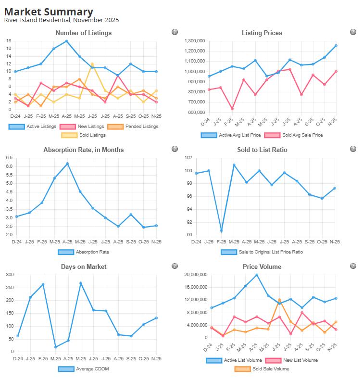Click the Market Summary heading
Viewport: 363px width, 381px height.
(49, 12)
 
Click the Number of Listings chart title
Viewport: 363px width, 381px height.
(84, 33)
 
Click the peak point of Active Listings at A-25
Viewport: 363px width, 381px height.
(66, 41)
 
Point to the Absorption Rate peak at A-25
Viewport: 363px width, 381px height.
(67, 164)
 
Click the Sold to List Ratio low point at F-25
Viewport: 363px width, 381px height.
(221, 231)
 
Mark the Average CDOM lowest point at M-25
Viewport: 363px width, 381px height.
(56, 347)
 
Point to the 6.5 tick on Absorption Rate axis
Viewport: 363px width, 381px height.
(9, 158)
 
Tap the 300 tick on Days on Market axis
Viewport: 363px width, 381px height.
(9, 275)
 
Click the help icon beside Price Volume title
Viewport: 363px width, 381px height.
(353, 266)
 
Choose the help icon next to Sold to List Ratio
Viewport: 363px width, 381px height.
(353, 149)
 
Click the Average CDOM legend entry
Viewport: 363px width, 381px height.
(84, 369)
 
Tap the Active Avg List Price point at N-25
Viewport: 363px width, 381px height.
(336, 46)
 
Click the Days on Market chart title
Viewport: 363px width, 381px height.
(84, 267)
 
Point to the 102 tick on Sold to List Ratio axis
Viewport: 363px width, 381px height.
(188, 158)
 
